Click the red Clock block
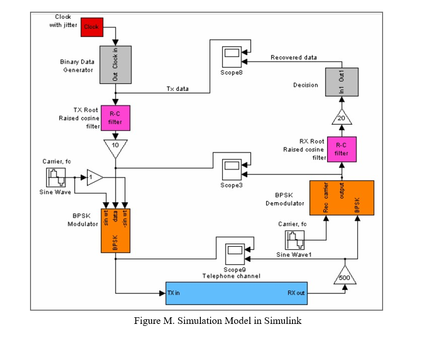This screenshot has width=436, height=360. (92, 27)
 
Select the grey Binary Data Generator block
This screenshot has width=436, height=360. (115, 64)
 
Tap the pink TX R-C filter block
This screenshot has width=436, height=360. (115, 118)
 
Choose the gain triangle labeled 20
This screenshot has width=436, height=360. (341, 117)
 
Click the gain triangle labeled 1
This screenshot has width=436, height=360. (94, 177)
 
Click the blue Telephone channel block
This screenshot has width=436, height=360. (237, 293)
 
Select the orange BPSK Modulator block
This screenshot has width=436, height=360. (115, 230)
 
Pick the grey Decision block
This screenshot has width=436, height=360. (342, 82)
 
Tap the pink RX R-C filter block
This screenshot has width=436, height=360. (341, 148)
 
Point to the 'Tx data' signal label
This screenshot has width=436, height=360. (178, 88)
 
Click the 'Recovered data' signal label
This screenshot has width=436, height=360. (294, 57)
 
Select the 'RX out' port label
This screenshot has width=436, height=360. (296, 293)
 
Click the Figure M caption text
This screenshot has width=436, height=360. (218, 321)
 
